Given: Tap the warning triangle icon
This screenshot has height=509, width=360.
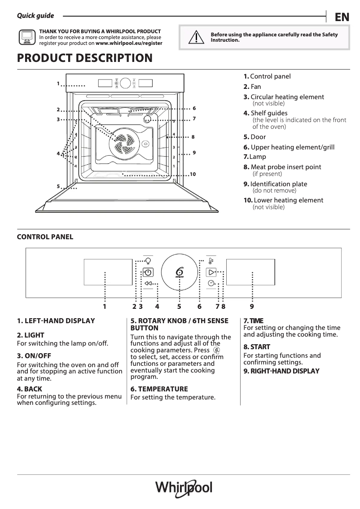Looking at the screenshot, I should pos(195,37).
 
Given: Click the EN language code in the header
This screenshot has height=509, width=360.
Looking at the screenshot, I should pos(342,17).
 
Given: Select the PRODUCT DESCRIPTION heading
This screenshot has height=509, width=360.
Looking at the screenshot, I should pos(84,58).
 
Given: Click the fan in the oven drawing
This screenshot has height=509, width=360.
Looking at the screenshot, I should pos(122,142).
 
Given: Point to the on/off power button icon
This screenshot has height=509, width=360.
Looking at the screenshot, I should pos(148,272).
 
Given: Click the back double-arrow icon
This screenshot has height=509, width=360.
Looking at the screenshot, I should pos(149,283).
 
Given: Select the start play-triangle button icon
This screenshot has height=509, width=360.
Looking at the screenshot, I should pos(211,272).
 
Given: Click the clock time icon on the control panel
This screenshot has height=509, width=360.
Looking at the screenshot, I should pos(211,283).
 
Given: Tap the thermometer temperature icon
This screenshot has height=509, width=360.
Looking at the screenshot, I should pos(211,261).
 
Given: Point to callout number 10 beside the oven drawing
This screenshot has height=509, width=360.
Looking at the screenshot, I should pos(193,174).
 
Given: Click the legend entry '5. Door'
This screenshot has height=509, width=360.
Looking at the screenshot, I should pos(255,137).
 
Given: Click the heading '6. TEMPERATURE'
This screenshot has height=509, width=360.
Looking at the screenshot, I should pos(159,389).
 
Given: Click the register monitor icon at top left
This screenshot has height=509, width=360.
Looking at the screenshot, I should pos(26,37).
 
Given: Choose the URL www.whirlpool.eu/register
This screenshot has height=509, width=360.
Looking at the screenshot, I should pos(129,44).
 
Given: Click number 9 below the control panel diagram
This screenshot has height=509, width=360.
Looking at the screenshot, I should pos(252,307).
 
